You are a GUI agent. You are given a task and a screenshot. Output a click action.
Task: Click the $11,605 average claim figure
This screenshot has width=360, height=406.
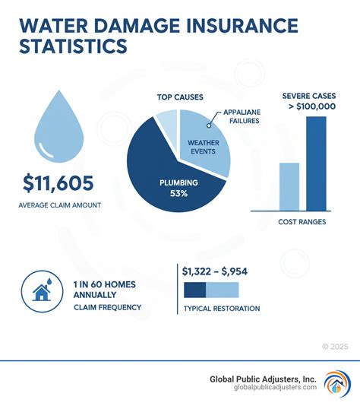[x=58, y=184]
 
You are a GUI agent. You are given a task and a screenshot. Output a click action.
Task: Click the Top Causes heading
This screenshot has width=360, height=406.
[x=178, y=97]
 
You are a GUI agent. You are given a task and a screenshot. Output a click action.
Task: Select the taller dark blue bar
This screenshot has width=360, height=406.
[x=316, y=163]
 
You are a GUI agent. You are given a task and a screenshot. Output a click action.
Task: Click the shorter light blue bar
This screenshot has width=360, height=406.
[x=290, y=186]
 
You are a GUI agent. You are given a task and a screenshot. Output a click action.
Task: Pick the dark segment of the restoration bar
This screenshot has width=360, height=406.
[x=195, y=290]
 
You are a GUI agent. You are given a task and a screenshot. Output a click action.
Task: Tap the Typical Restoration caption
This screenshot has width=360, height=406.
[x=221, y=309]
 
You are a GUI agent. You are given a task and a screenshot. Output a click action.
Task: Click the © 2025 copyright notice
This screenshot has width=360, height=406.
[x=335, y=346]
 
